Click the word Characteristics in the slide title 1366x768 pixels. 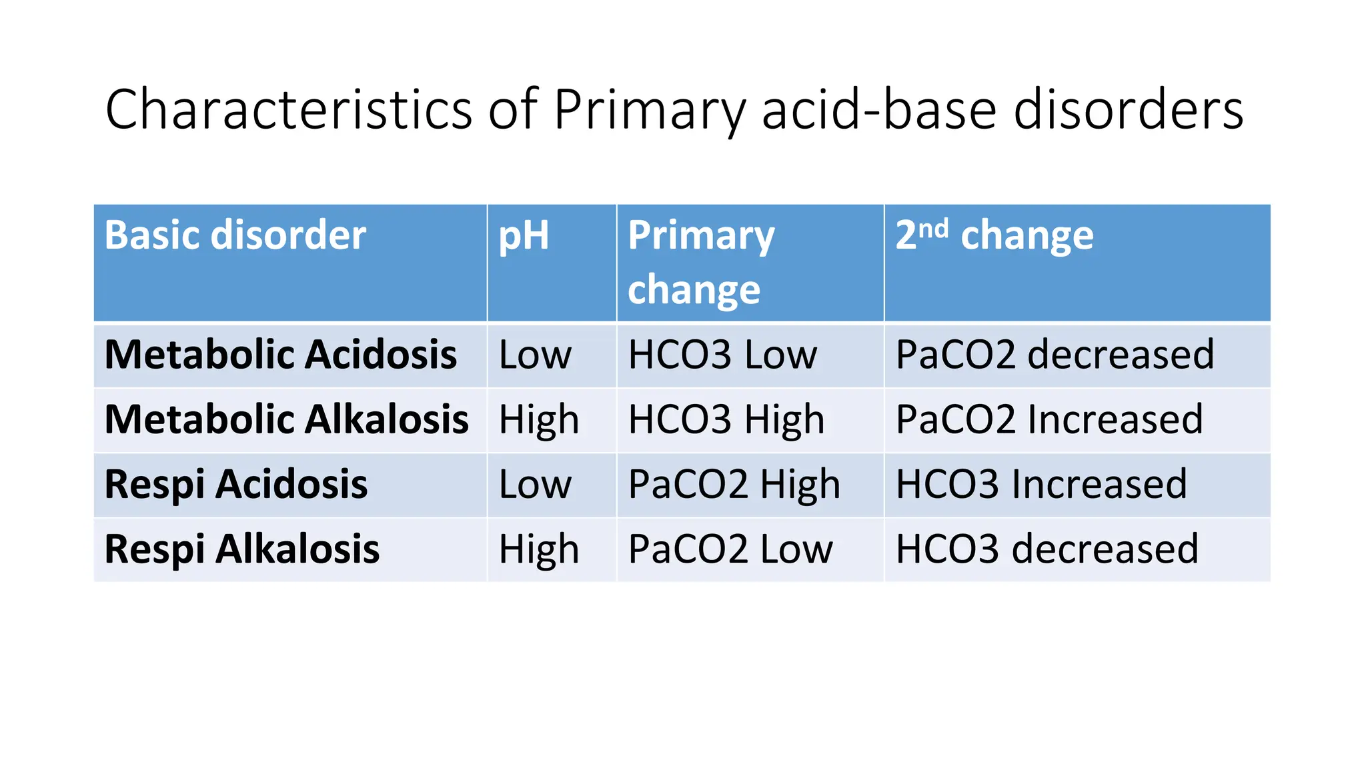tap(289, 110)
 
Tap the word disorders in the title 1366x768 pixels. tap(1128, 110)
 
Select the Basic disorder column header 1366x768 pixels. tap(235, 235)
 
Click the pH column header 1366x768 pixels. tap(524, 235)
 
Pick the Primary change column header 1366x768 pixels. tap(700, 262)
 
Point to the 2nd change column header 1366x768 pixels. tap(994, 235)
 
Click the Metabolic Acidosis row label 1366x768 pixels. tap(281, 354)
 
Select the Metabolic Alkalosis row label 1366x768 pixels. tap(287, 419)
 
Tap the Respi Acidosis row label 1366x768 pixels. tap(236, 484)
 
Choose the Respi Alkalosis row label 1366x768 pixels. tap(242, 549)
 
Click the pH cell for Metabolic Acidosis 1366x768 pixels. tap(535, 354)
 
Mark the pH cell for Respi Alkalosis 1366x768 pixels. tap(539, 549)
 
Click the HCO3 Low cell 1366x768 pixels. tap(722, 354)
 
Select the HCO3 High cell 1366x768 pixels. tap(726, 419)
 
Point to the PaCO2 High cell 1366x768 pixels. tap(734, 484)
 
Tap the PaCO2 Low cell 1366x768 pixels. tap(730, 549)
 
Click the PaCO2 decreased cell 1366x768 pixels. tap(1055, 354)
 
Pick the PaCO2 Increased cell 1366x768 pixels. tap(1049, 419)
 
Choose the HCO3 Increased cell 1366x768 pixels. tap(1041, 484)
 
